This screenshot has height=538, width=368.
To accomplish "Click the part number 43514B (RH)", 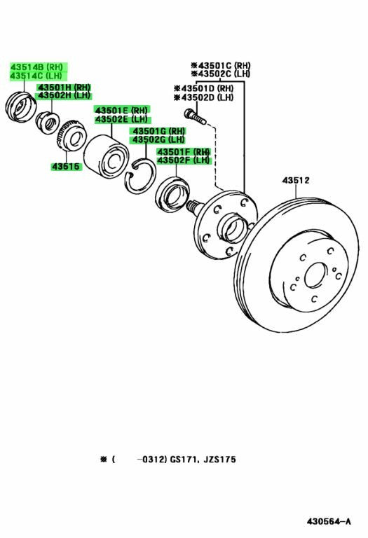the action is tap(36, 67).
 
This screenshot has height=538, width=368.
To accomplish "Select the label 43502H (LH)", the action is tap(64, 95).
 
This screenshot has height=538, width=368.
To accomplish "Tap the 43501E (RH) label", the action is tap(121, 110).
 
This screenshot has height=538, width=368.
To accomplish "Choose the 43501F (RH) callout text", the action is tap(184, 151).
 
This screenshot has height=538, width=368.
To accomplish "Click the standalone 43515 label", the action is tap(65, 167).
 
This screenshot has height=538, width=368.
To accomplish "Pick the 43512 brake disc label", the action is tap(296, 180).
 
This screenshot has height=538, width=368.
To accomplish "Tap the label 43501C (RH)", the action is tap(221, 65).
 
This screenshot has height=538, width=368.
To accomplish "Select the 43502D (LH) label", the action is tap(203, 97).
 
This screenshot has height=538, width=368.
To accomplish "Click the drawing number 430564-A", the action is tap(329, 521).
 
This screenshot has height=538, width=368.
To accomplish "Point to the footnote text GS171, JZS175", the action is tap(203, 459).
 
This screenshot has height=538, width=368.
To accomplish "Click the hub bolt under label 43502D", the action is tap(195, 116).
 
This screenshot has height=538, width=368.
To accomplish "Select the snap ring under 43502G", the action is tap(140, 176).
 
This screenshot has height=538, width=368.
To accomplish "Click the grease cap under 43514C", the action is tap(21, 106).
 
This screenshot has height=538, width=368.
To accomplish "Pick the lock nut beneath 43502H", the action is tap(48, 123).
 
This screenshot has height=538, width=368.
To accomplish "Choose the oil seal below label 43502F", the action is tap(172, 194).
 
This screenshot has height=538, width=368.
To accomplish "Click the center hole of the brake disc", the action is tap(315, 275).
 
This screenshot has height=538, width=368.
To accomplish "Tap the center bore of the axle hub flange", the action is tap(233, 229).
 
